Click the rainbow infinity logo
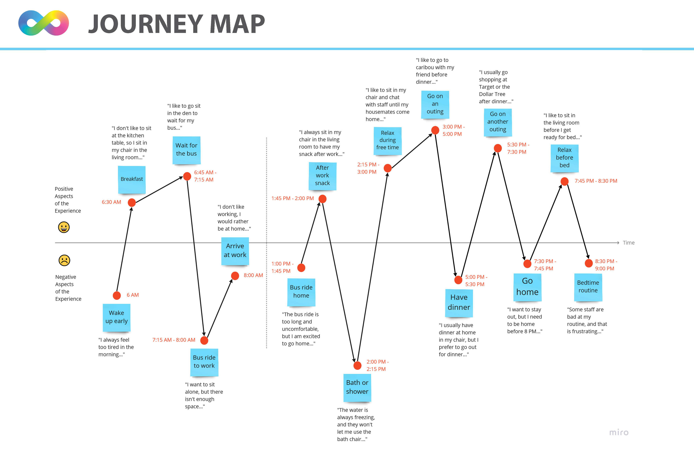coord(43,23)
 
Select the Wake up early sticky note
coord(117,317)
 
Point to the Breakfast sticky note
coord(132,179)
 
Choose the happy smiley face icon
coord(64,227)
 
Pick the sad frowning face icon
coord(65,260)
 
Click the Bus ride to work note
coord(204,362)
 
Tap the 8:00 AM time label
coord(253,275)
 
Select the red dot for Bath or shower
coord(357,365)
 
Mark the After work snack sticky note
coord(322,175)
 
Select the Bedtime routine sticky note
coord(588,287)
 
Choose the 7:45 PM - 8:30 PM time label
coord(596,181)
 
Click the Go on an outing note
coord(435,104)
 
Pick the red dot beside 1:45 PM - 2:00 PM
coord(322,199)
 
